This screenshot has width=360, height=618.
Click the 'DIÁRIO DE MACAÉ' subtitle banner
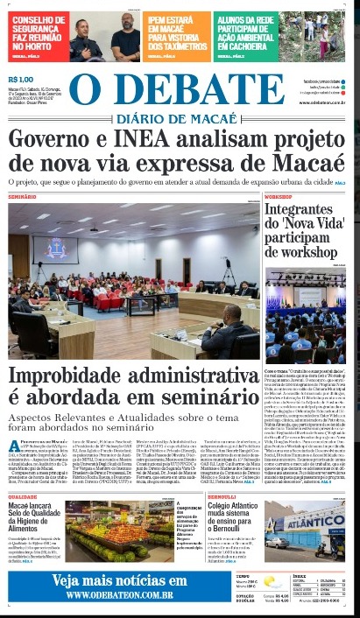click(x=179, y=119)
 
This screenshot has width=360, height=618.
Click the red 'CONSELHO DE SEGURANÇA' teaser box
click(x=38, y=32)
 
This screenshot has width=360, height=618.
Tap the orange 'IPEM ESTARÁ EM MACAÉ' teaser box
click(x=177, y=32)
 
